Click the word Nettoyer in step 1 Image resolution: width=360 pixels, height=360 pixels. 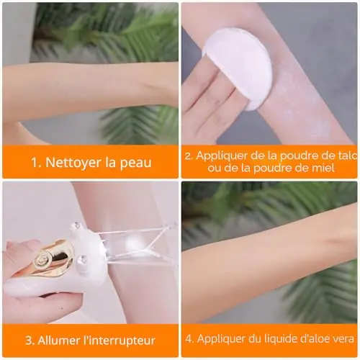pos(73,162)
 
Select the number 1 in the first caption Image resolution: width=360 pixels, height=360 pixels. pos(35,163)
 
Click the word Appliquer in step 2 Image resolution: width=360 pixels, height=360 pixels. pos(222,156)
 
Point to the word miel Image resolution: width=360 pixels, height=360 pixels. pos(325,168)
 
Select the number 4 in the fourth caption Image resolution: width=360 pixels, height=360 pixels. pos(189,339)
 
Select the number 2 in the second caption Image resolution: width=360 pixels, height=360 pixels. pos(189,156)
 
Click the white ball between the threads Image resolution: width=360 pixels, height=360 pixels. pos(135,246)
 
